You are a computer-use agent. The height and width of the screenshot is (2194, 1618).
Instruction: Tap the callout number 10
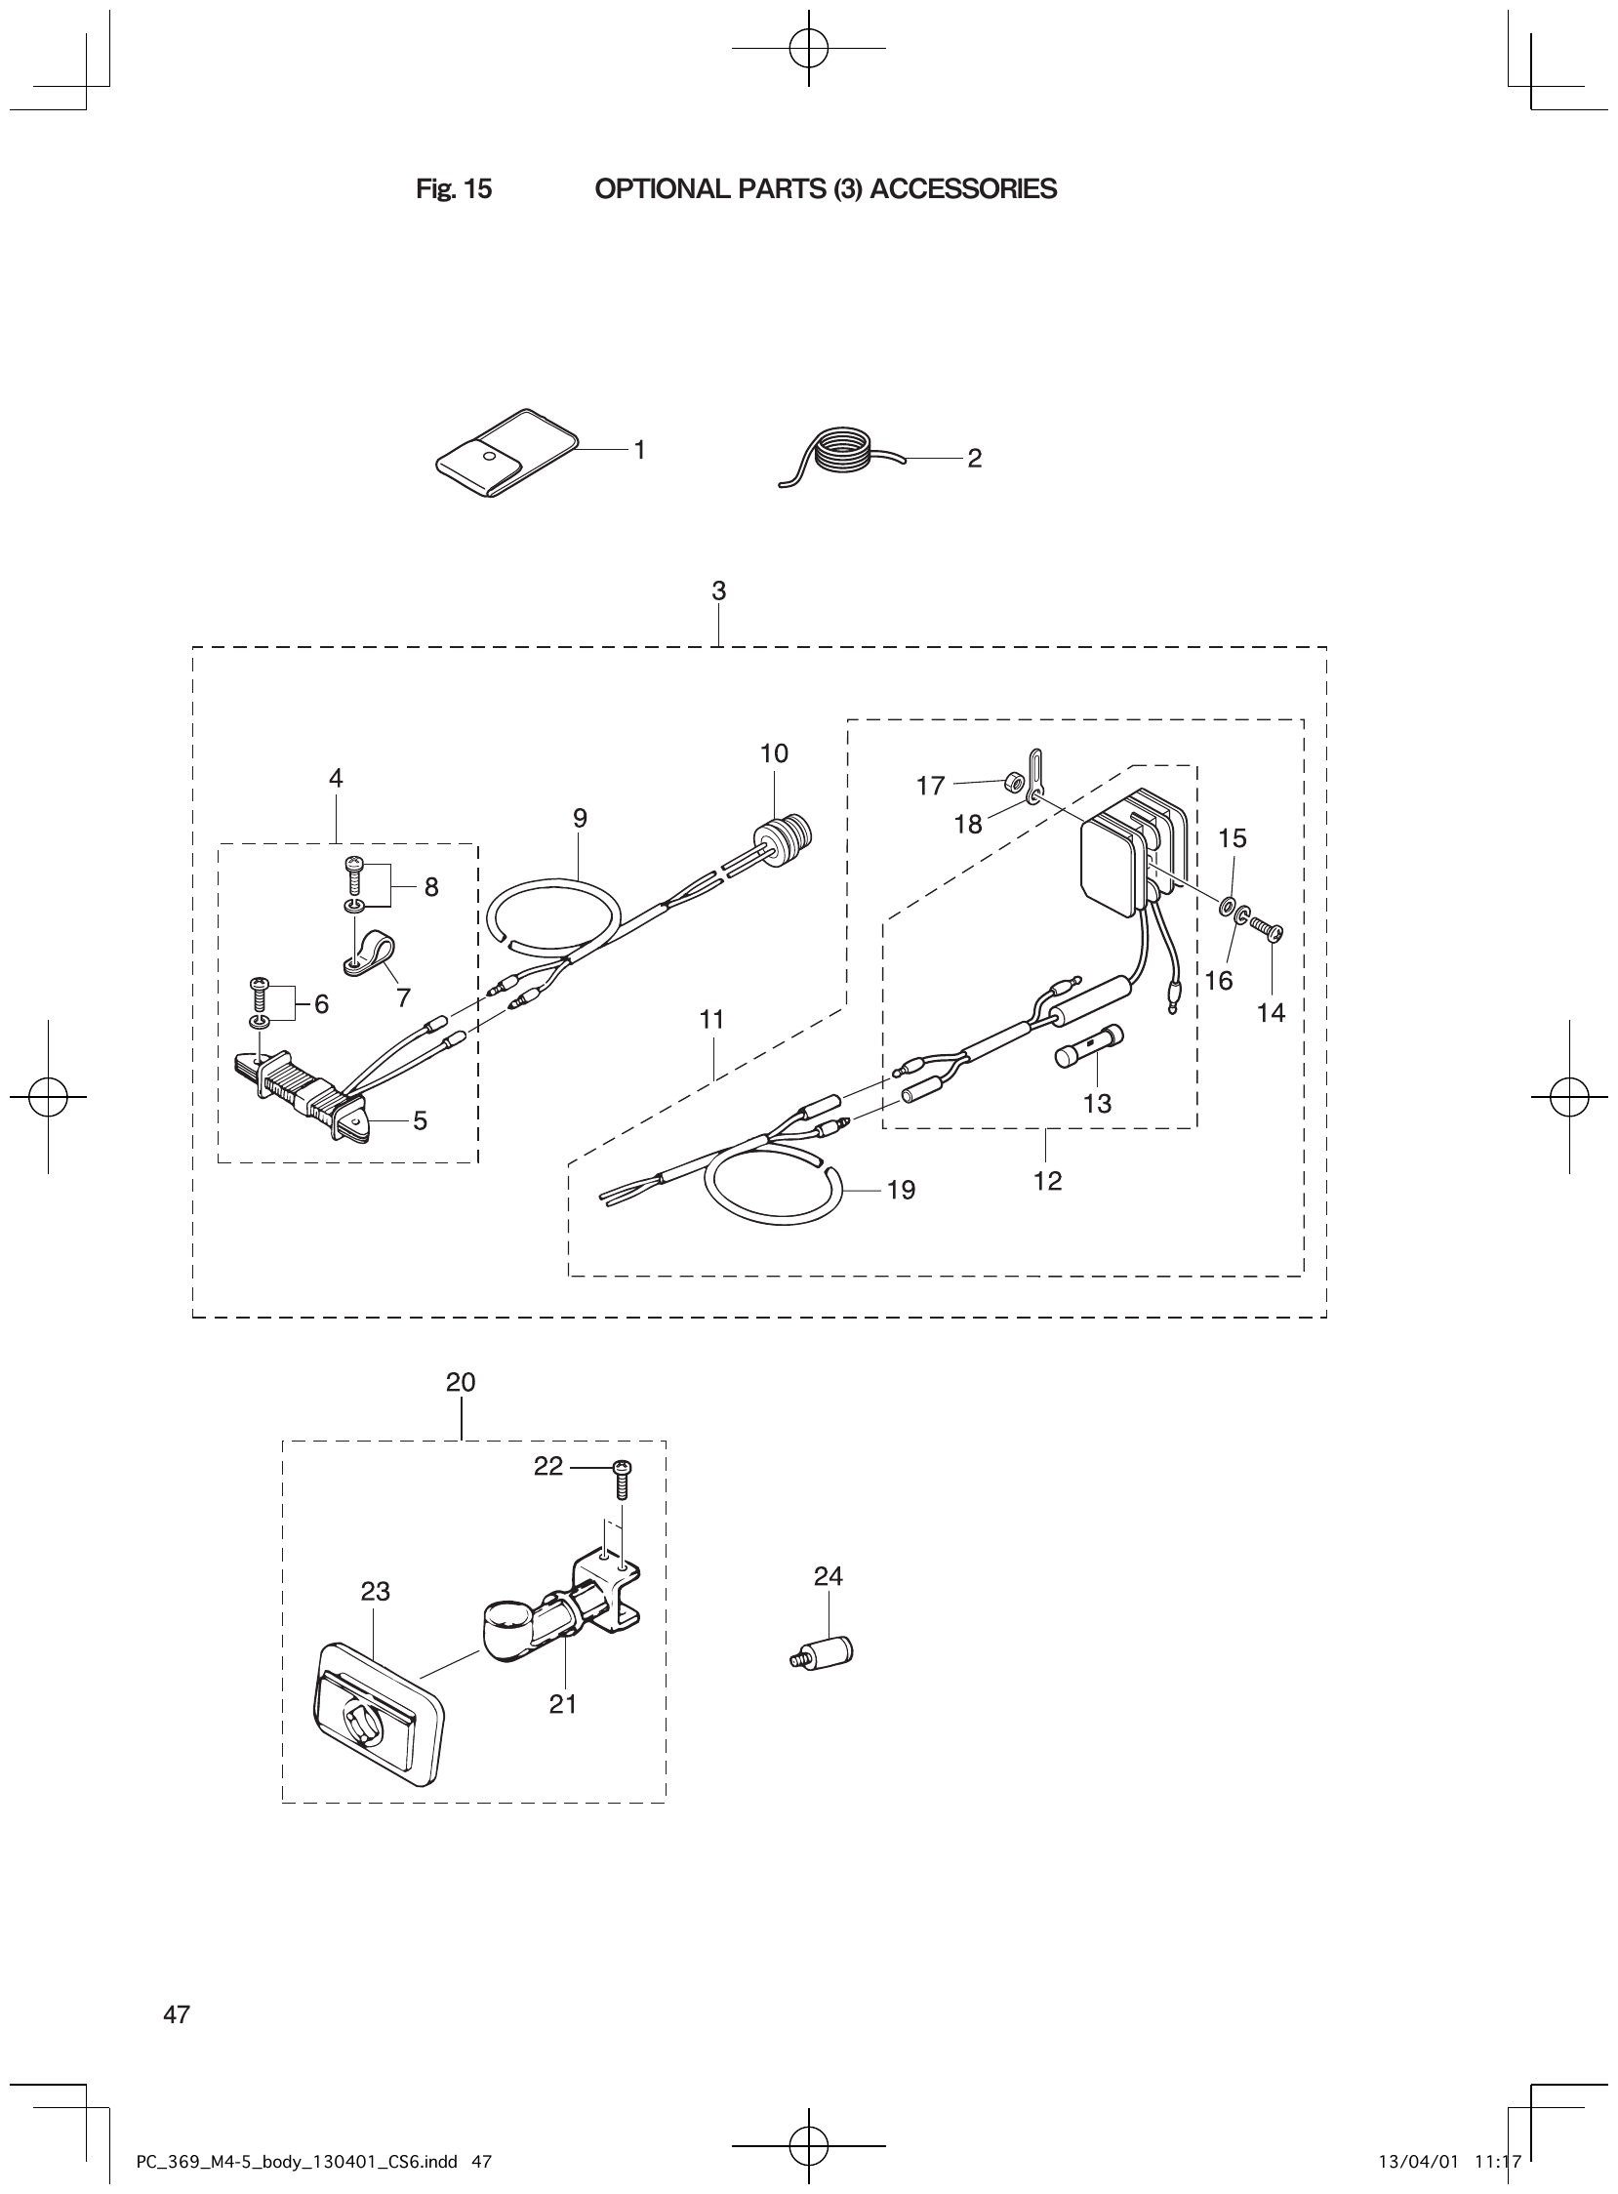click(x=774, y=753)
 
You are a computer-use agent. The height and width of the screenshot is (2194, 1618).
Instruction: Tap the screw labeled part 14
click(x=1268, y=926)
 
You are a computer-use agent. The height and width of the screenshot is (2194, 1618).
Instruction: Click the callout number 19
click(x=901, y=1190)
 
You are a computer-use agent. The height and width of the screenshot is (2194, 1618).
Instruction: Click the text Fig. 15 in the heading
click(x=454, y=189)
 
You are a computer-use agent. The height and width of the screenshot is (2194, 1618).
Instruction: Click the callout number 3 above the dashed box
click(x=719, y=591)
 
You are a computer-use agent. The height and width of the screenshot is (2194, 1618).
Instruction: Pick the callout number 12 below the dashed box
click(x=1047, y=1181)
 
